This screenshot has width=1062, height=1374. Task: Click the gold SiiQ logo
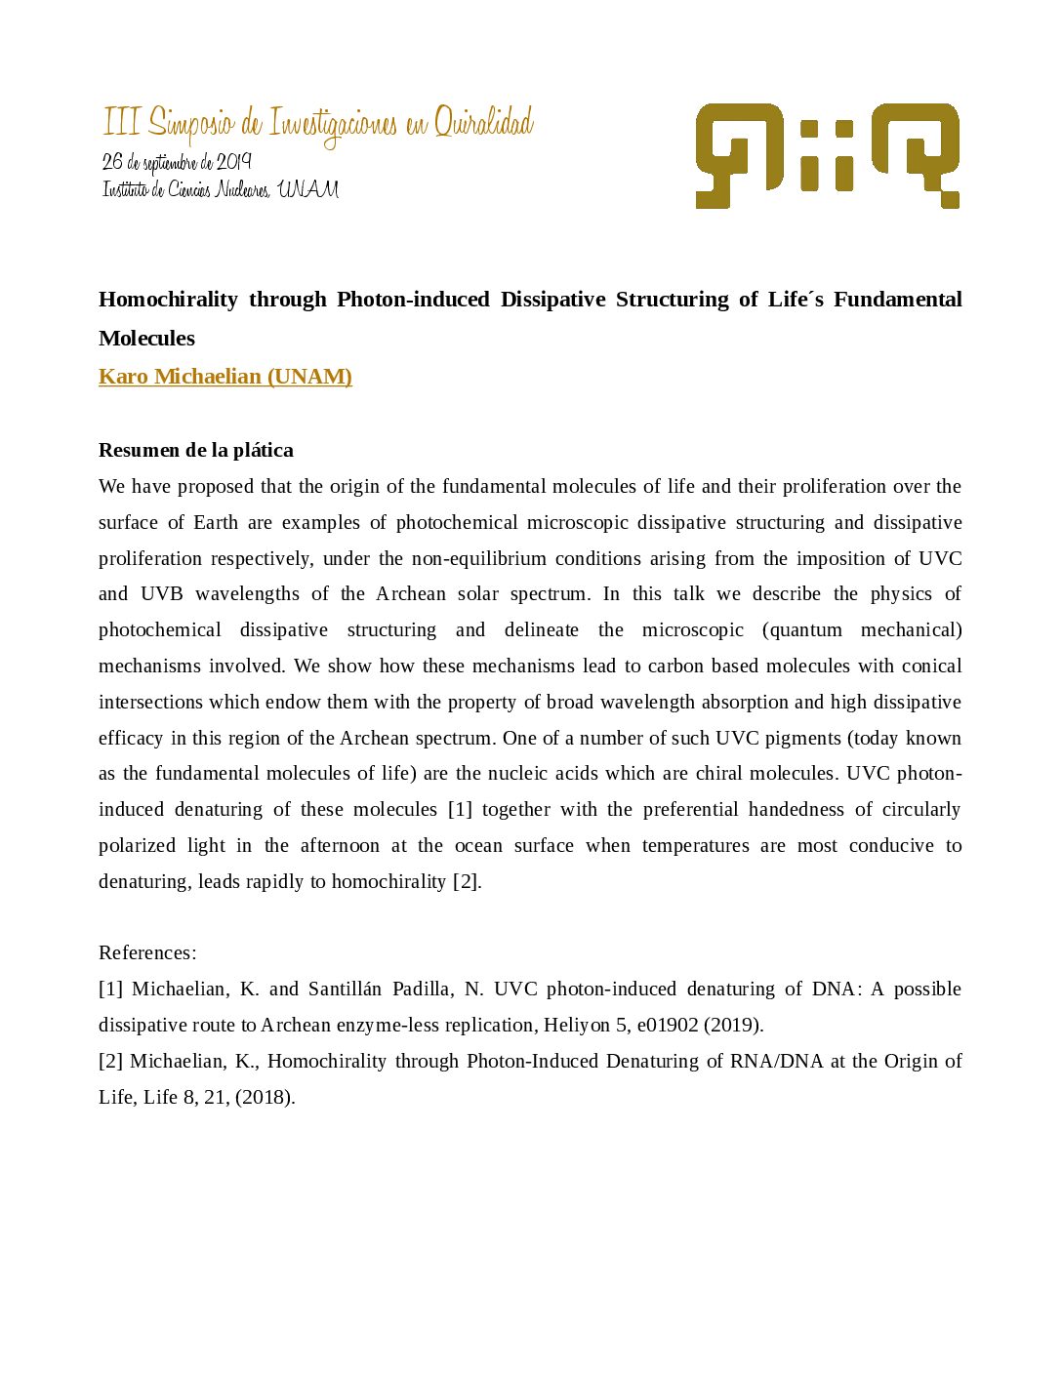click(827, 155)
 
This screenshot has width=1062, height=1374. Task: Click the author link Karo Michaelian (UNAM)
click(225, 377)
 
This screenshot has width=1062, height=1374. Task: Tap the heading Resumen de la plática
click(195, 450)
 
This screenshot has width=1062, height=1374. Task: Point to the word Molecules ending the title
click(146, 339)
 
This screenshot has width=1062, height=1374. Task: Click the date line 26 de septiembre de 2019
click(177, 162)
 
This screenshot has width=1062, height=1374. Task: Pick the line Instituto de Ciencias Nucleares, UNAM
click(221, 189)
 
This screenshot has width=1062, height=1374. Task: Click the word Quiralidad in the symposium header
click(483, 124)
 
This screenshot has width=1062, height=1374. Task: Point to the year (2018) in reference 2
click(265, 1098)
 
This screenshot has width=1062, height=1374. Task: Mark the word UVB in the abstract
click(161, 594)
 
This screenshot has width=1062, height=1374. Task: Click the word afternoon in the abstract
click(340, 846)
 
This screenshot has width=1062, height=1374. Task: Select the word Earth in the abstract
click(216, 523)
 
